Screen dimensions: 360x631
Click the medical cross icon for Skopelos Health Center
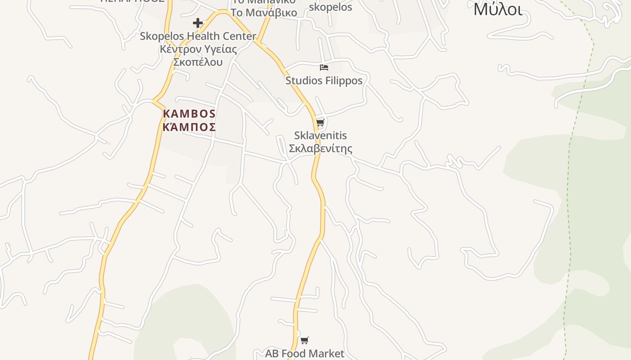pyautogui.click(x=197, y=23)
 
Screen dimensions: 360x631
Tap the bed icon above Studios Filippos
pyautogui.click(x=324, y=67)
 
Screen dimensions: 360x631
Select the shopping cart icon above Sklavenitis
pyautogui.click(x=320, y=122)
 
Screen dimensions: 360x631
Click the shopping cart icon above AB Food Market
pyautogui.click(x=305, y=341)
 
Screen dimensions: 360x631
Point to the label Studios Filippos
pyautogui.click(x=324, y=81)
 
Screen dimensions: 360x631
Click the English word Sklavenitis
pyautogui.click(x=320, y=135)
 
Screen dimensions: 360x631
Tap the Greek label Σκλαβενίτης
pyautogui.click(x=320, y=148)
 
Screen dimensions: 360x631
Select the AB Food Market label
pyautogui.click(x=305, y=354)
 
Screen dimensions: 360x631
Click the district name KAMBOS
pyautogui.click(x=189, y=114)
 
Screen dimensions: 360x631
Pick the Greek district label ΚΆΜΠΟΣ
pyautogui.click(x=189, y=127)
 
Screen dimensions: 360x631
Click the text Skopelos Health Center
pyautogui.click(x=198, y=36)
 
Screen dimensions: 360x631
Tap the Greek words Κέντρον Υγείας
pyautogui.click(x=198, y=49)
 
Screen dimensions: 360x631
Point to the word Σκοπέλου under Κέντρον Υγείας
pyautogui.click(x=198, y=62)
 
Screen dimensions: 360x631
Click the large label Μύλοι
pyautogui.click(x=498, y=9)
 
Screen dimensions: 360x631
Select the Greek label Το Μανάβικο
pyautogui.click(x=264, y=12)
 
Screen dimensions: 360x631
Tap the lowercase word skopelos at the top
pyautogui.click(x=330, y=7)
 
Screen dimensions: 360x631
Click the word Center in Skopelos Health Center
pyautogui.click(x=237, y=36)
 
